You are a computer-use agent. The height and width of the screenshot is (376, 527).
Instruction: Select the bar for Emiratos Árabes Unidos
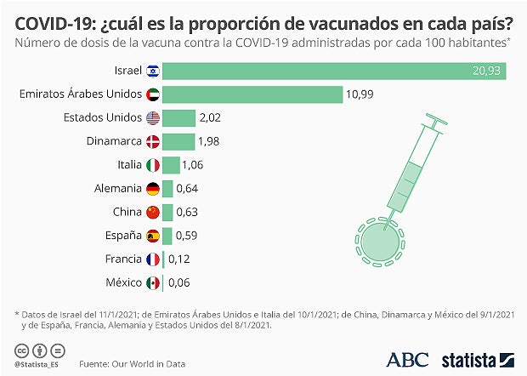[x=252, y=94]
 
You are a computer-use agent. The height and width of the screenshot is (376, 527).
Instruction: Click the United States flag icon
[x=153, y=118]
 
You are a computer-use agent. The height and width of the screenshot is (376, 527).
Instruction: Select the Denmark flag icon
[x=153, y=141]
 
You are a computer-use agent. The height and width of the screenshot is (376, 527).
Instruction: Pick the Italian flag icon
[x=153, y=165]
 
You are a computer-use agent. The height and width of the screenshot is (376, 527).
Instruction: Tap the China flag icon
[x=153, y=212]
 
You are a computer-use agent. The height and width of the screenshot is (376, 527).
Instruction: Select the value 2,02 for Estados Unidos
[x=209, y=118]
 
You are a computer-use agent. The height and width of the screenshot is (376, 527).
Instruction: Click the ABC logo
[x=407, y=360]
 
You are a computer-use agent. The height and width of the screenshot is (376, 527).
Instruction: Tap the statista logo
[x=479, y=360]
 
